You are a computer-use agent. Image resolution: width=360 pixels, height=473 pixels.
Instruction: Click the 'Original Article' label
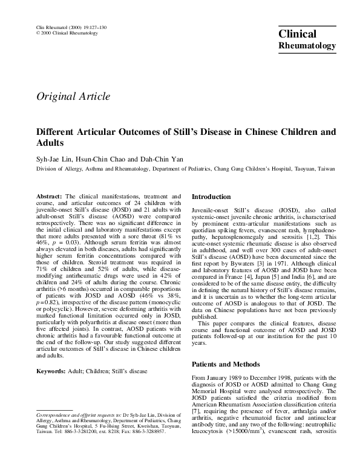[x=73, y=96]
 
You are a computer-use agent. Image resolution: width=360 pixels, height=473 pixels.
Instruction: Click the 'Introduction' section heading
[x=211, y=197]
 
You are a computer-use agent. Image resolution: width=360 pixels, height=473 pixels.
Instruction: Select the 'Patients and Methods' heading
[x=227, y=365]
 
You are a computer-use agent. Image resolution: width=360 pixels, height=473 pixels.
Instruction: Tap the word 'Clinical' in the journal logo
[x=298, y=35]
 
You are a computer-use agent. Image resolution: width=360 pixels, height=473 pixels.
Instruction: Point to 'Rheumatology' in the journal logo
[x=306, y=45]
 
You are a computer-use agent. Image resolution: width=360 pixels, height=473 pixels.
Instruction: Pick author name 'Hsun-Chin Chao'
[x=100, y=158]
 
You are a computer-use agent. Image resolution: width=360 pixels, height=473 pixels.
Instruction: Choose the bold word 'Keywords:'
[x=52, y=370]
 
